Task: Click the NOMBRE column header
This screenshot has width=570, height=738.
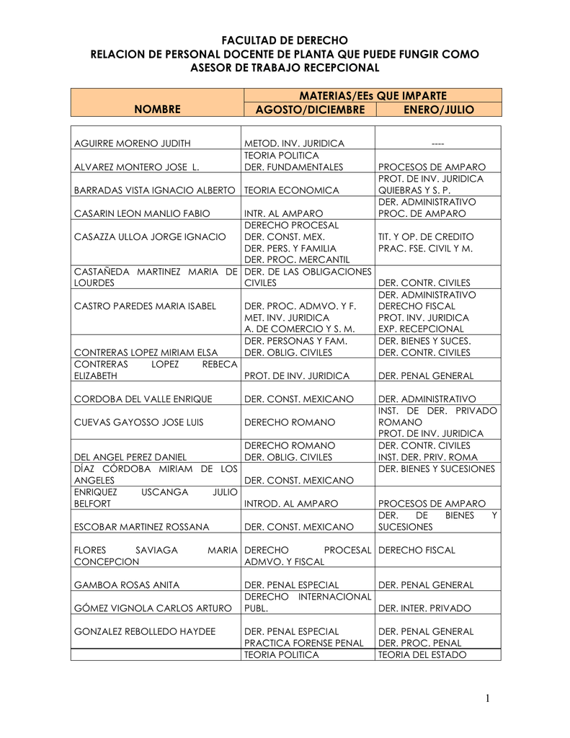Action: pos(156,110)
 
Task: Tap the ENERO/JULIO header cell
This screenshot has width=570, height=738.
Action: pos(438,110)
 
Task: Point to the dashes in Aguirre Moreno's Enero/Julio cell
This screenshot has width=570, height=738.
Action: pos(438,144)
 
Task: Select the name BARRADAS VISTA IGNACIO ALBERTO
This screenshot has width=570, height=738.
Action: pos(155,190)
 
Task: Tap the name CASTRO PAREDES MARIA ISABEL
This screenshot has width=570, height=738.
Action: pos(145,306)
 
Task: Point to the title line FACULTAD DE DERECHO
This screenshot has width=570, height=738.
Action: pos(284,40)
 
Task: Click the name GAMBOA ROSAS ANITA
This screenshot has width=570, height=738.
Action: pos(127,584)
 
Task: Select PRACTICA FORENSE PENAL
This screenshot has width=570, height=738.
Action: pos(304,643)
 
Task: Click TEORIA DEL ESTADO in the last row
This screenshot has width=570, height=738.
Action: pos(422,654)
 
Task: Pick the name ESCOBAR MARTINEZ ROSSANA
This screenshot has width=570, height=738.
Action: pos(142,527)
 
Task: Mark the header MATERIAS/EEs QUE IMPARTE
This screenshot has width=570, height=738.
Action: pos(373,95)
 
